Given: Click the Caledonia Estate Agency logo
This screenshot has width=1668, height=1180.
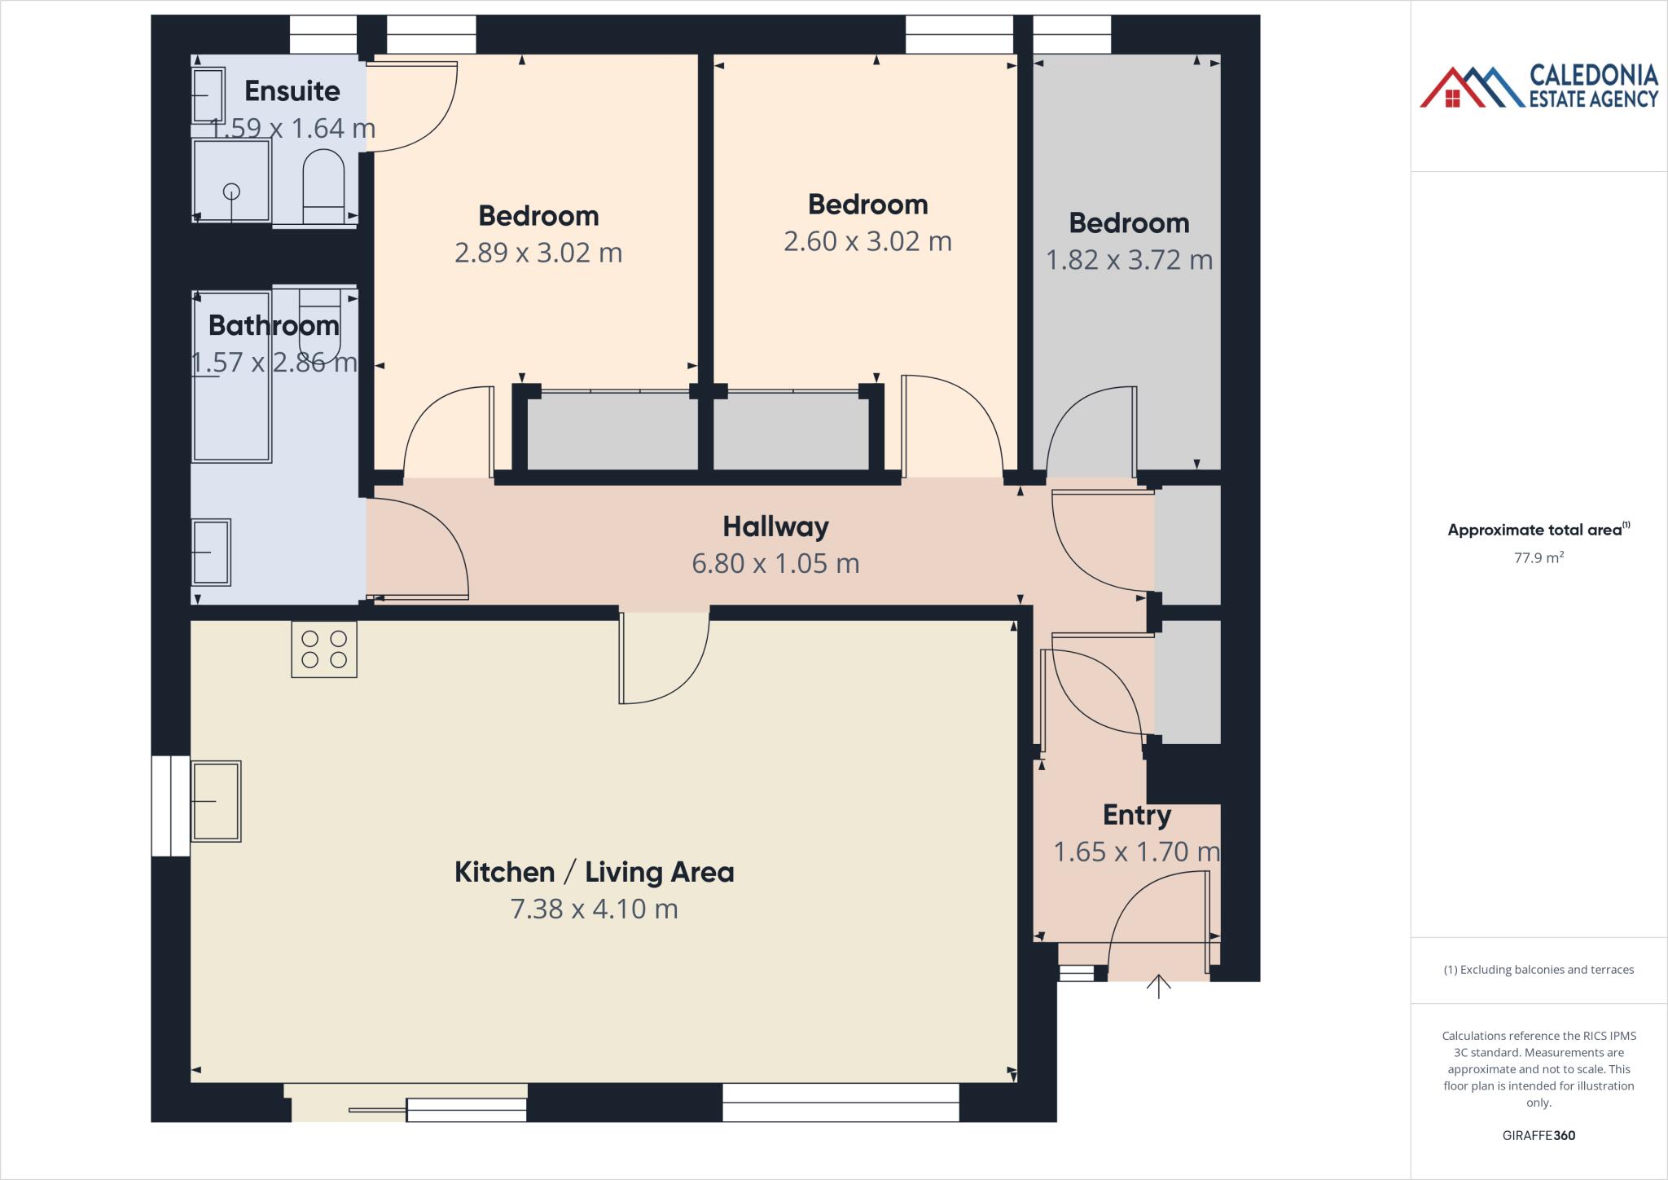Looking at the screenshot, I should (x=1539, y=86).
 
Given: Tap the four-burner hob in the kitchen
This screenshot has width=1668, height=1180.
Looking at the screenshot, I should (x=324, y=649).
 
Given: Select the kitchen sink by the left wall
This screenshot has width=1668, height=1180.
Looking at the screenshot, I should (x=216, y=801).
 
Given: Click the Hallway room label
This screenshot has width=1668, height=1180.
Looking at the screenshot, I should (x=775, y=526).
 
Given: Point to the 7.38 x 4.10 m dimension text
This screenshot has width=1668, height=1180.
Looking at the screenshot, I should (x=594, y=909).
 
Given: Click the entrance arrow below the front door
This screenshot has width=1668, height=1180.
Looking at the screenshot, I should (x=1158, y=986).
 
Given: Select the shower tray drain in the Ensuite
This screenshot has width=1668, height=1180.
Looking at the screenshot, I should (x=232, y=192).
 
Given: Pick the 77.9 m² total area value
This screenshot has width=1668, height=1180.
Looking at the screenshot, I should (x=1539, y=558).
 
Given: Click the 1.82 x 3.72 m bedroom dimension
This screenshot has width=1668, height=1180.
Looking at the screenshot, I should (x=1129, y=260).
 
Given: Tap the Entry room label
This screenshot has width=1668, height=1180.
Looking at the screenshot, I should (x=1136, y=815).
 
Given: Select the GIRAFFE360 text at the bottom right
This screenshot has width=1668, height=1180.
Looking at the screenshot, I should (x=1539, y=1135).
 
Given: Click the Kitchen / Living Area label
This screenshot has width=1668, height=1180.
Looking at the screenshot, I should (x=594, y=872).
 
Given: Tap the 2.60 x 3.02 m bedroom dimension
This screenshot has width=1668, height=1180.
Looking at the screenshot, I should (x=867, y=241).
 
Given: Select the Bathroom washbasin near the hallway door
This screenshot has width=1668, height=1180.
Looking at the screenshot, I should (x=211, y=553).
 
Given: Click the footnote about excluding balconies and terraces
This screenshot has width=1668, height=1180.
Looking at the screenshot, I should (x=1539, y=970).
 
